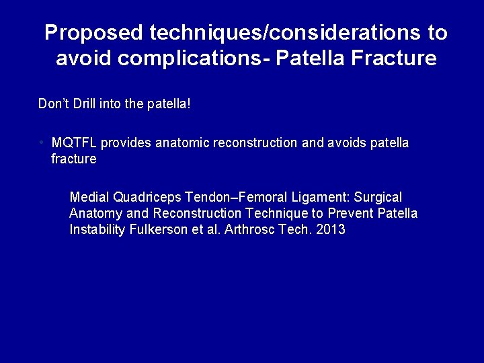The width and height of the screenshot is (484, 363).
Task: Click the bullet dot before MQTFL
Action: (x=42, y=143)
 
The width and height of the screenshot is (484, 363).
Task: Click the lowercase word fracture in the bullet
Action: (x=74, y=159)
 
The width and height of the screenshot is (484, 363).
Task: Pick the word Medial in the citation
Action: (x=89, y=198)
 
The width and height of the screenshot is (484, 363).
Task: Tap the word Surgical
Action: (x=378, y=198)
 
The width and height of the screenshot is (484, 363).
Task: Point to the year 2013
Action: (x=330, y=229)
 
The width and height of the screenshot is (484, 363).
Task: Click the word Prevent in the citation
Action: (x=350, y=214)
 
